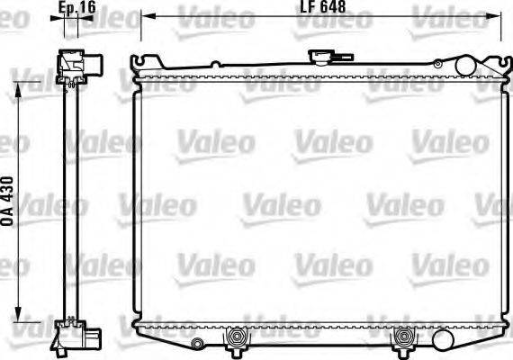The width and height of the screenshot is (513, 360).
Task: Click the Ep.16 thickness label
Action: [77, 8]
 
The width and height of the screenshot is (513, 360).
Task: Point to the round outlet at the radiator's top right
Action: [465, 66]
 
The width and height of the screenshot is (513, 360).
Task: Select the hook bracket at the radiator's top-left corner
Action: [138, 66]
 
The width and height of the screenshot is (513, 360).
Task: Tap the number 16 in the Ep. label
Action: [88, 8]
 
